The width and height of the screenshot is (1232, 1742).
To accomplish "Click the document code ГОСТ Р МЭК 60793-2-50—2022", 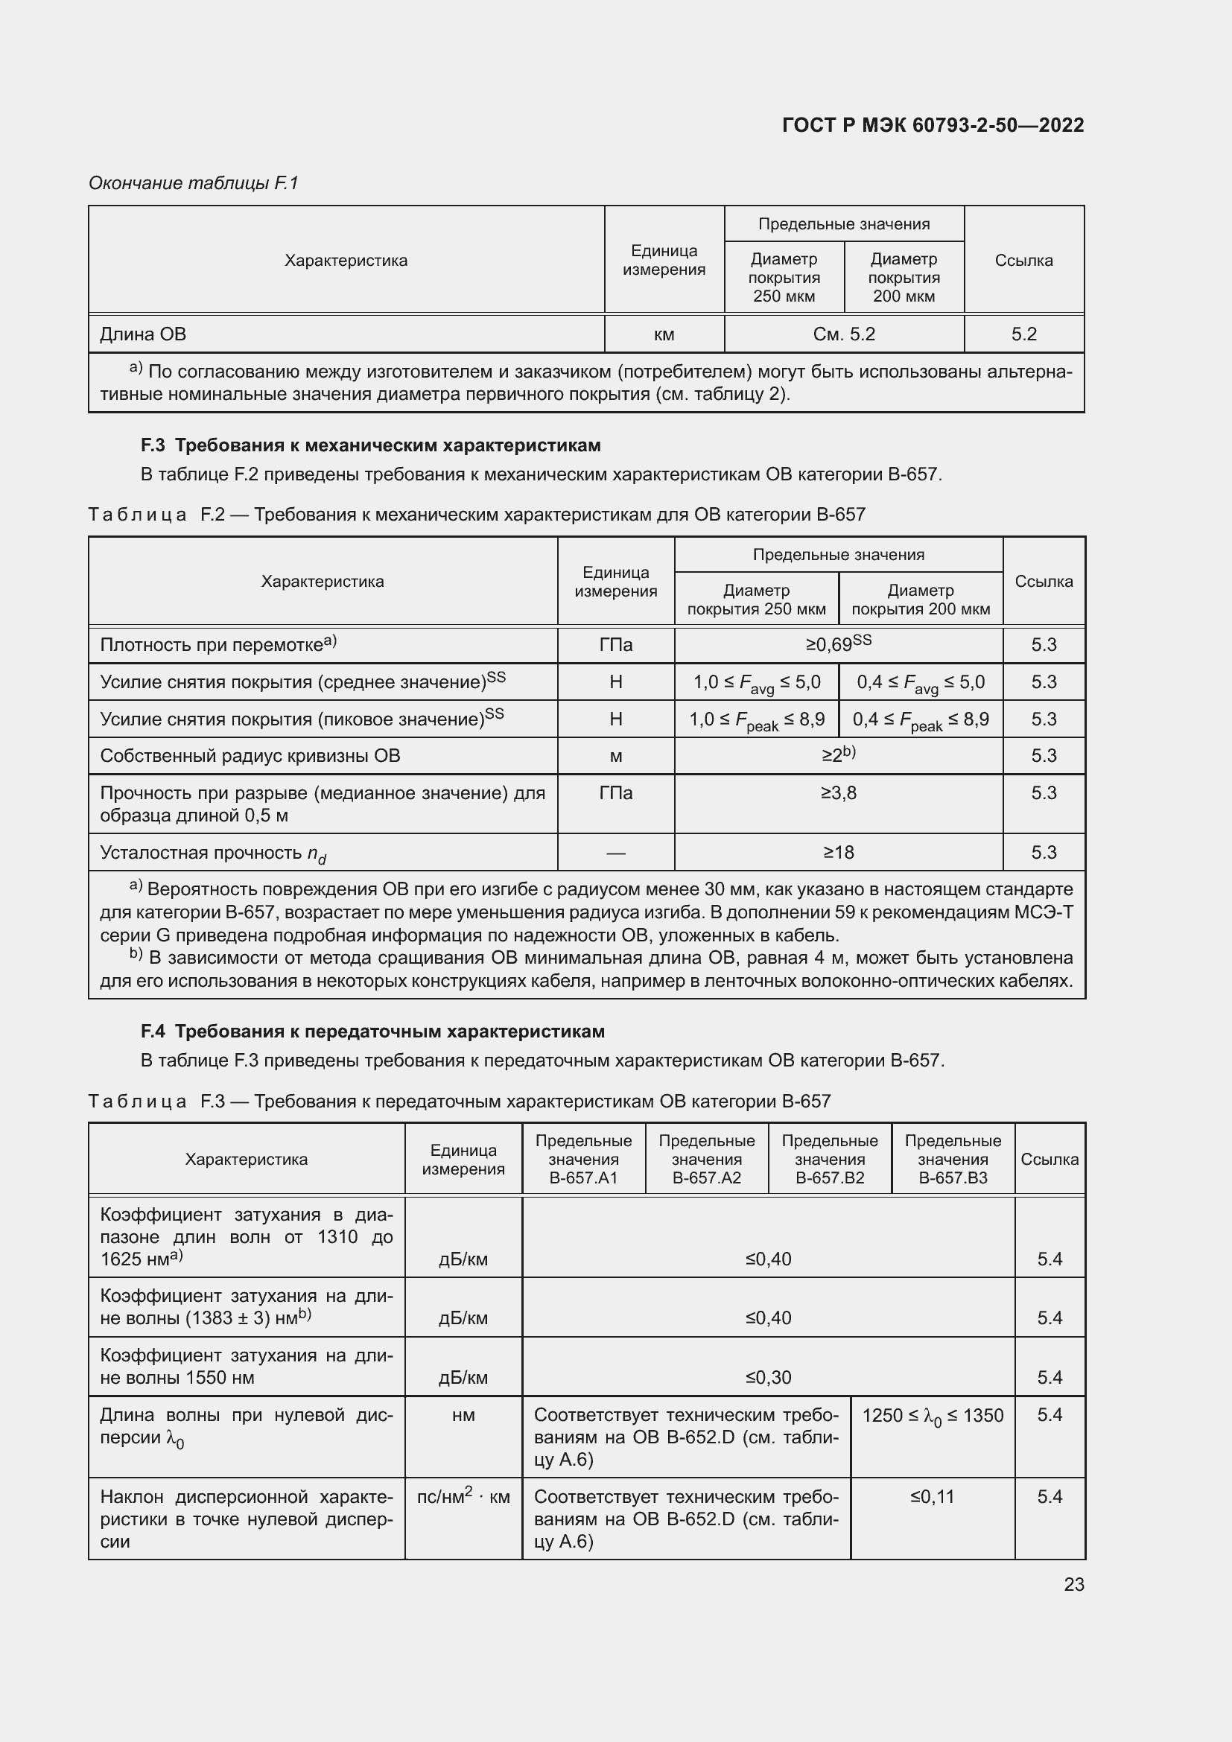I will (933, 125).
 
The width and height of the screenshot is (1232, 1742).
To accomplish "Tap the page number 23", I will (1073, 1584).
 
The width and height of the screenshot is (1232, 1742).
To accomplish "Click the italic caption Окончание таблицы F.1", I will (194, 183).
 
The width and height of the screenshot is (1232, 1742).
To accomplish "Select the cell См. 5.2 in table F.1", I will (844, 334).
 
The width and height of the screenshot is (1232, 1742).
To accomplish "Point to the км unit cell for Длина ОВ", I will (664, 334).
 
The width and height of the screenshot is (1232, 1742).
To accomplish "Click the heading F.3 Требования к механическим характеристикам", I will (370, 445).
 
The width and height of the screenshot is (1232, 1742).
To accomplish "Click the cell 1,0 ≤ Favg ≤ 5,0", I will (756, 682).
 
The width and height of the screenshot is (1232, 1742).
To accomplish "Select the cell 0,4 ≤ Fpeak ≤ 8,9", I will (920, 719).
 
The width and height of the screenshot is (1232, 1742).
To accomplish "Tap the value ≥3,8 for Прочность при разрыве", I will (838, 794).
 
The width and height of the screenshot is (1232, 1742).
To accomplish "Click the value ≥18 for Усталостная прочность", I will (838, 853).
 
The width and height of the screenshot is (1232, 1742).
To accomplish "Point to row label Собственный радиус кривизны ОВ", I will (250, 757).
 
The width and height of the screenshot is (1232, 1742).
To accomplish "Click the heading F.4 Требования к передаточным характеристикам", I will (372, 1031).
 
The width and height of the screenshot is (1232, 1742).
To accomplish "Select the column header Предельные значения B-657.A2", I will (706, 1160).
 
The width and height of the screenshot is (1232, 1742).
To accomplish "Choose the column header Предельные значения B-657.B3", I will (952, 1160).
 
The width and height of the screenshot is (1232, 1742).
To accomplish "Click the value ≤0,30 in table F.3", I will (768, 1377).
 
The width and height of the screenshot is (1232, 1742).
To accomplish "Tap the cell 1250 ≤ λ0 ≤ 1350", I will (933, 1416).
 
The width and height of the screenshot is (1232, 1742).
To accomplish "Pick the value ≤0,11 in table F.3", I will (933, 1497).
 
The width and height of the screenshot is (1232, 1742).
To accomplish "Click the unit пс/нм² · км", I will (463, 1497).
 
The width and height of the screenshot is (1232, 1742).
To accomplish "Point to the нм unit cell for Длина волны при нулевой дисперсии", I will (463, 1416).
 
